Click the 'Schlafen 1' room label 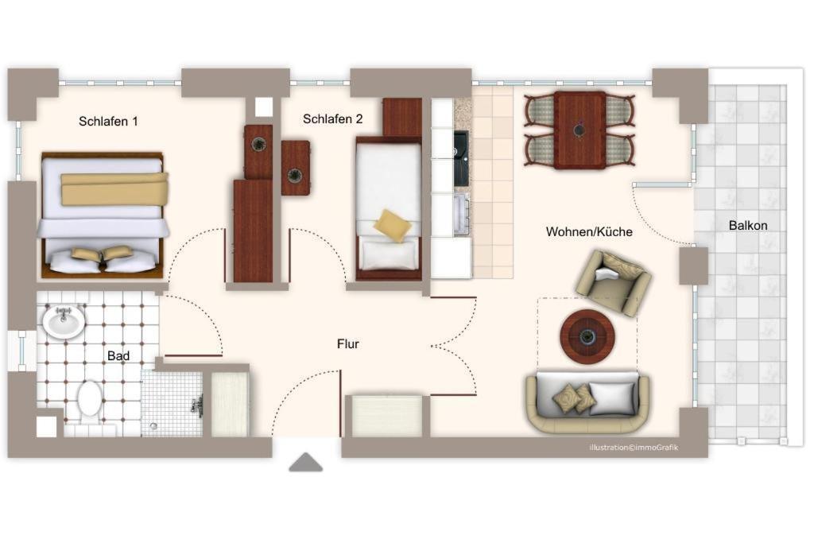point(108,122)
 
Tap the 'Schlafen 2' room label point(333,119)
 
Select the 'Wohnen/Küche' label point(589,231)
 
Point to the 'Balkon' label point(747,225)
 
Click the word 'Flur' point(348,343)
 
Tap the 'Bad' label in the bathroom point(118,355)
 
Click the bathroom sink point(63,322)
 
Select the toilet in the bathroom point(91,402)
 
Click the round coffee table point(587,337)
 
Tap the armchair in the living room point(613,281)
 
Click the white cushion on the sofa point(613,398)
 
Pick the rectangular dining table point(579,130)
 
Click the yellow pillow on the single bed point(393,225)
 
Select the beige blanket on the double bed point(114,189)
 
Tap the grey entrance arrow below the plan point(306,463)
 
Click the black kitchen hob point(460,158)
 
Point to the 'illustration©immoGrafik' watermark point(634,448)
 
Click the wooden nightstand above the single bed point(401,118)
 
